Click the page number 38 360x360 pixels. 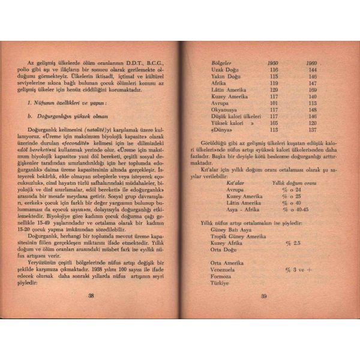click(91, 295)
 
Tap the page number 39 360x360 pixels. click(263, 295)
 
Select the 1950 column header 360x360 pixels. click(274, 63)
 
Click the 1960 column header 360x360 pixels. click(311, 63)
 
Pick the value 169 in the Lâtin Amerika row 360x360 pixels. click(312, 89)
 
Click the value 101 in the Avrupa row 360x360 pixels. click(274, 103)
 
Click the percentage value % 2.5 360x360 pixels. click(293, 243)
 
